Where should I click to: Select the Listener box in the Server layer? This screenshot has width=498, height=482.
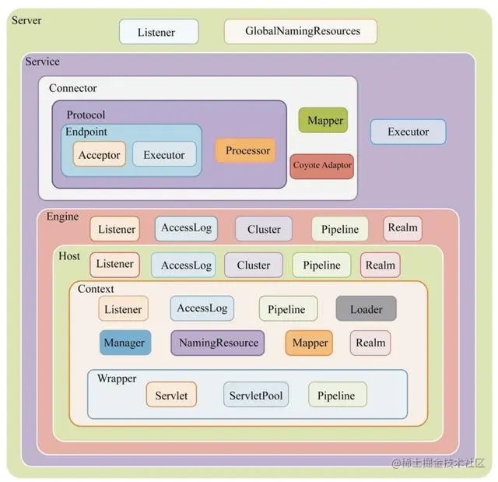point(159,32)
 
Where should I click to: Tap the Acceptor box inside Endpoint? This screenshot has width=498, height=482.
point(100,154)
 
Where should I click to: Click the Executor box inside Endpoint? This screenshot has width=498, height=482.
point(163,154)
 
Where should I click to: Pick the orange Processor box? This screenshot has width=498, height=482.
point(247,150)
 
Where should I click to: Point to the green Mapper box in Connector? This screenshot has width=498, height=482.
point(323,121)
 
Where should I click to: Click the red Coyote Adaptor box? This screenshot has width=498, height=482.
point(322,165)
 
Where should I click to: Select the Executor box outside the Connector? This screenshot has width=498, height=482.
point(408,132)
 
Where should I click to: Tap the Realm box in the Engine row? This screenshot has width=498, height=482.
point(402,228)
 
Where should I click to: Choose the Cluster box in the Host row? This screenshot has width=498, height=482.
point(253,265)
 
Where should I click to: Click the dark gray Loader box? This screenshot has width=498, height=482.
point(366,308)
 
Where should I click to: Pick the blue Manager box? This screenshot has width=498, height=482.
point(124,343)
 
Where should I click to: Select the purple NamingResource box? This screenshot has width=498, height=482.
point(217,343)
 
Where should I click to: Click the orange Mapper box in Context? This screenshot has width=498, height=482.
point(309,343)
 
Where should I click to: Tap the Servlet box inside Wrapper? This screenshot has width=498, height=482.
point(171,395)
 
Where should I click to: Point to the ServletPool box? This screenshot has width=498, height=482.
point(255,395)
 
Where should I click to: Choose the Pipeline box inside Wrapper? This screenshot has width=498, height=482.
point(336,395)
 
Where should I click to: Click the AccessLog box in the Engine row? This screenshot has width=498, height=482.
point(186,228)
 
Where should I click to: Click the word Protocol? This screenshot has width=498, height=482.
point(86,114)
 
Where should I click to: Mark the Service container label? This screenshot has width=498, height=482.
point(42,62)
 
